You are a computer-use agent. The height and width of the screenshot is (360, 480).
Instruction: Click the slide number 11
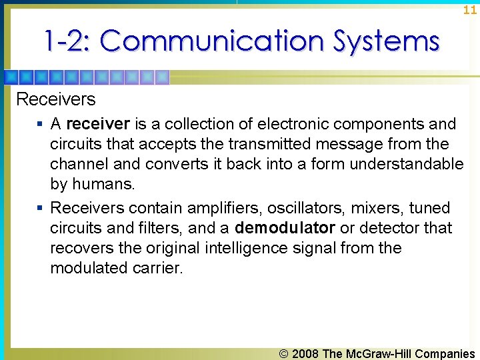click(x=470, y=10)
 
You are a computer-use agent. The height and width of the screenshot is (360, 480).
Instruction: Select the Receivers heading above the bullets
click(x=55, y=99)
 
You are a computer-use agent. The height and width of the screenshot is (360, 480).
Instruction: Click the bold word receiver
click(x=98, y=124)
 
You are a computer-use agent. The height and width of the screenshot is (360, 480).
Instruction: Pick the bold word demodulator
click(x=285, y=228)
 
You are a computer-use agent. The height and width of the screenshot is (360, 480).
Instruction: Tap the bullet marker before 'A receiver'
click(x=41, y=125)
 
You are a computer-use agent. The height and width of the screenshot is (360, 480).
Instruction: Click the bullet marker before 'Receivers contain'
click(x=41, y=209)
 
